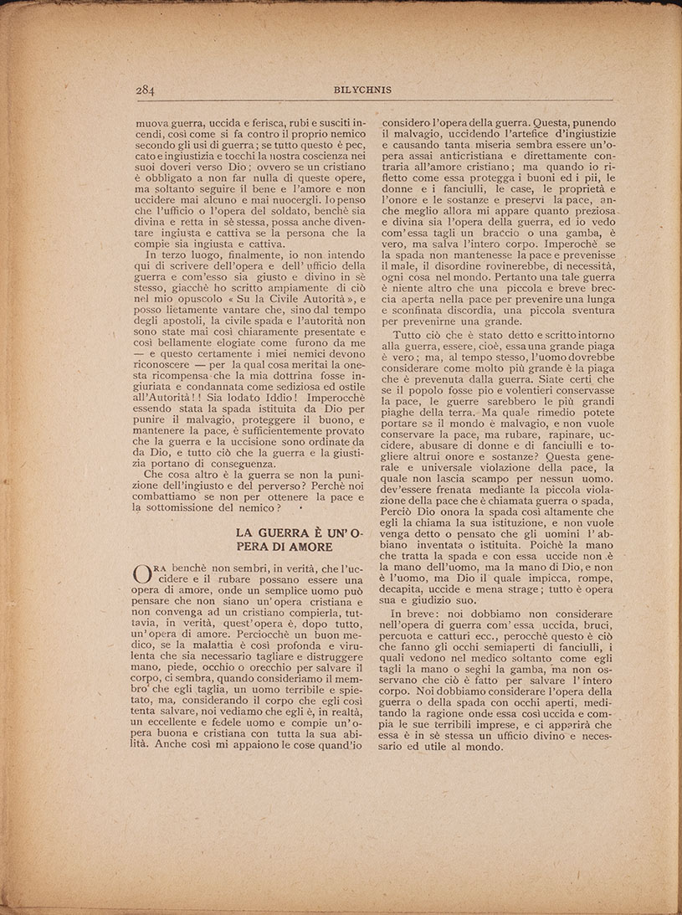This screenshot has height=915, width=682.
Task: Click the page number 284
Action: [x=148, y=90]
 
